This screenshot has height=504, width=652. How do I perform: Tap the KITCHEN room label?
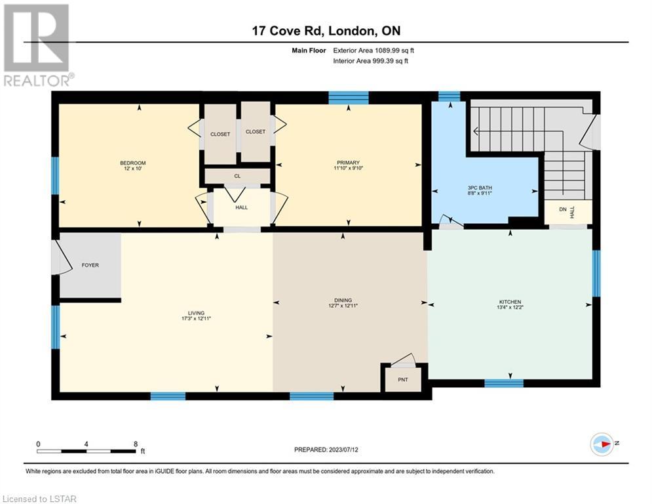tap(510, 302)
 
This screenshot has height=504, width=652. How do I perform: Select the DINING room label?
tap(343, 301)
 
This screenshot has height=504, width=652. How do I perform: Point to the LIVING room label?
tap(197, 313)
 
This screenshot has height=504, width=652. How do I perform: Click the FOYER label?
tap(90, 265)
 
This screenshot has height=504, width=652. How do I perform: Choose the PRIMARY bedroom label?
tap(349, 163)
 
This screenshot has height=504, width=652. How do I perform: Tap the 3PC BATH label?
tap(480, 188)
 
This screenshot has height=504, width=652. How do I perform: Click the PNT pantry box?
tap(403, 379)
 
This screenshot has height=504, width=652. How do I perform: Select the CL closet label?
tap(237, 176)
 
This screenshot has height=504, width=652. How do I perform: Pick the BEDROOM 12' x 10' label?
tap(133, 165)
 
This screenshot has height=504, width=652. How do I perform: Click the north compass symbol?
tap(602, 444)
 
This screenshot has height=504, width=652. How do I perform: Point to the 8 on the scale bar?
tap(136, 444)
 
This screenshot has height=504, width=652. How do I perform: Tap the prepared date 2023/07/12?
tap(343, 450)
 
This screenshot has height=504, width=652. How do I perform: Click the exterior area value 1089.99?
tap(387, 51)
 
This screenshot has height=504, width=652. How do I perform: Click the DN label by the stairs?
tap(563, 209)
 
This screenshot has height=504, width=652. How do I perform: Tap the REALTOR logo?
tap(38, 45)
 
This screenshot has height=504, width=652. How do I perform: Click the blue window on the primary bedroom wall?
tap(349, 98)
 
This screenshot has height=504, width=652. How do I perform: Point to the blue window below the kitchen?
tap(504, 383)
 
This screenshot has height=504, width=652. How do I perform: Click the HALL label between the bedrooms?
tap(242, 207)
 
